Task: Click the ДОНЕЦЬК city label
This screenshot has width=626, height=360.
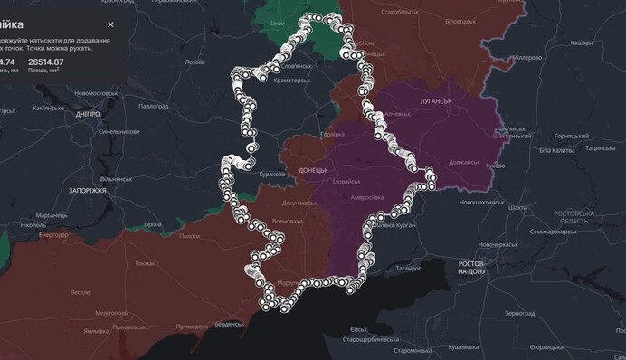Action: [x=310, y=170]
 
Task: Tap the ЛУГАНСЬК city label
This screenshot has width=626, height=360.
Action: [x=435, y=101]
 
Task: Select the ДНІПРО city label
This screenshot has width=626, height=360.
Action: [x=89, y=116]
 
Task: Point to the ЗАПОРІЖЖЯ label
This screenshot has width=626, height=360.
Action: [x=89, y=191]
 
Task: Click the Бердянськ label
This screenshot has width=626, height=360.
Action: [x=230, y=324]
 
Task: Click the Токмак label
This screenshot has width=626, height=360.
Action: [x=144, y=263]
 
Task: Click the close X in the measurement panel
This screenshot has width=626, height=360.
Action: [x=110, y=24]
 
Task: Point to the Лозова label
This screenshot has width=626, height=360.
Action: [x=194, y=62]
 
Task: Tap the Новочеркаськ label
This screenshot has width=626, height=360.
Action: [x=497, y=244]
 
